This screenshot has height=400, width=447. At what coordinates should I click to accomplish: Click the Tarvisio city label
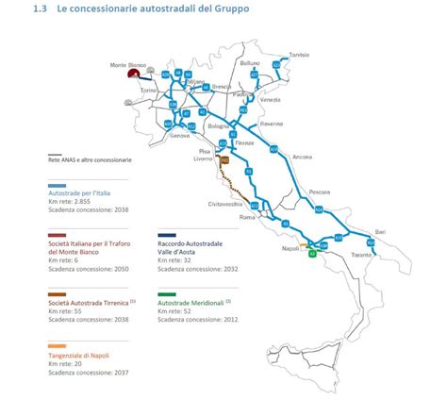pos(299,54)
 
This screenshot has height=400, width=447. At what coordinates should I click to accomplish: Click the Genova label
pos(179,135)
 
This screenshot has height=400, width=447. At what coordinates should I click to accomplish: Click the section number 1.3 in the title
pos(66,11)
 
